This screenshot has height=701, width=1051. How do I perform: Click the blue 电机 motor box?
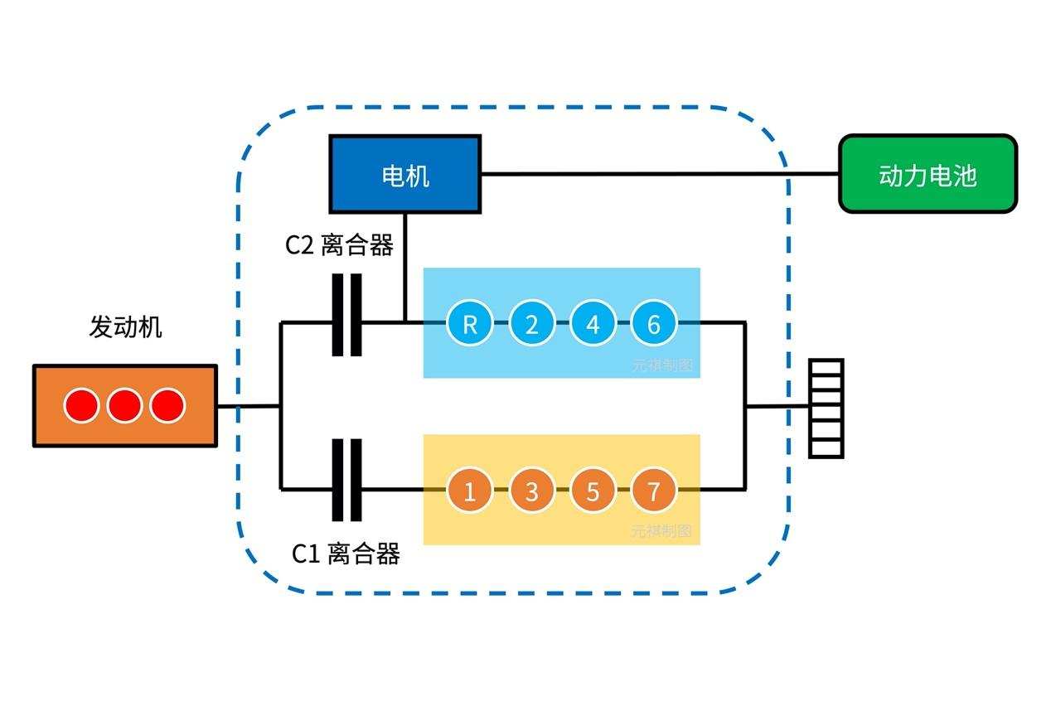click(404, 174)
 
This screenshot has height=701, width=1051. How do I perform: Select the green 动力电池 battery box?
click(927, 174)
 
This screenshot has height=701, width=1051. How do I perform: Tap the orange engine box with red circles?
click(125, 406)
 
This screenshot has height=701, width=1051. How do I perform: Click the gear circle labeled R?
click(470, 324)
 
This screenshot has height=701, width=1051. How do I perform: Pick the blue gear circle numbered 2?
click(531, 324)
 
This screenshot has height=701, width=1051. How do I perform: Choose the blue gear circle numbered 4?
click(593, 324)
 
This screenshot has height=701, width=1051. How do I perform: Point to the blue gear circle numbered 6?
click(654, 324)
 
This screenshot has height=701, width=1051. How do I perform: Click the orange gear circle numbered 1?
click(470, 491)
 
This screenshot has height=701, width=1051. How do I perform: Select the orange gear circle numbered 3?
click(531, 491)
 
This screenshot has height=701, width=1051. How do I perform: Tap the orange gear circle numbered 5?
click(593, 491)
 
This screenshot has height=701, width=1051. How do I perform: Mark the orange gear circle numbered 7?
click(654, 491)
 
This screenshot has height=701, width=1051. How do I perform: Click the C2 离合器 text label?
click(339, 245)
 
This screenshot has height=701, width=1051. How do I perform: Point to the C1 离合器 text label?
click(346, 554)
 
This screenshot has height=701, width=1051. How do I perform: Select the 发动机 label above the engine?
click(125, 327)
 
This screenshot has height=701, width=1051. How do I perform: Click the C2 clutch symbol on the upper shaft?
click(347, 316)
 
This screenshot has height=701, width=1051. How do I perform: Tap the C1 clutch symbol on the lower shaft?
click(347, 481)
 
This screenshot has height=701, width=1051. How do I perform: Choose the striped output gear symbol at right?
click(826, 409)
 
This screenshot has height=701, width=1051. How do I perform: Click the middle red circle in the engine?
click(125, 406)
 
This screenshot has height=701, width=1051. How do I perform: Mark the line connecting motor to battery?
click(659, 174)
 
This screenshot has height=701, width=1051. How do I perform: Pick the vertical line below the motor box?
click(404, 265)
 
